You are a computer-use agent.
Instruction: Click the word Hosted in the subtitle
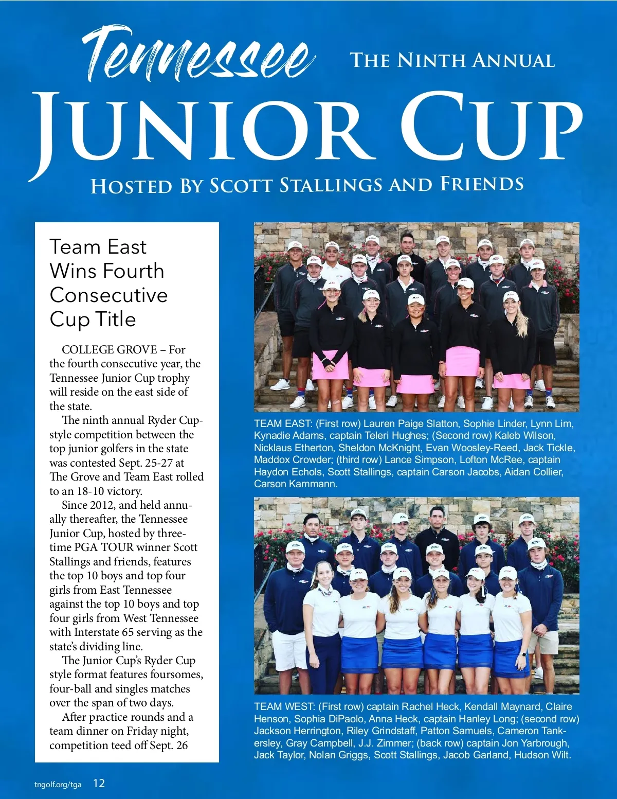[x=132, y=186]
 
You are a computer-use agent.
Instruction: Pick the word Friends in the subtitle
[x=482, y=184]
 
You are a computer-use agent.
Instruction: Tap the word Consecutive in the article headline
[x=108, y=295]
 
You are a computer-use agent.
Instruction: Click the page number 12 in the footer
[x=99, y=784]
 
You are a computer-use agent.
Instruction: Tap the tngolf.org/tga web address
[x=58, y=785]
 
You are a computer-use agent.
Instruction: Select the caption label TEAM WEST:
[x=284, y=707]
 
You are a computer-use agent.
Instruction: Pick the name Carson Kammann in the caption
[x=296, y=484]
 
